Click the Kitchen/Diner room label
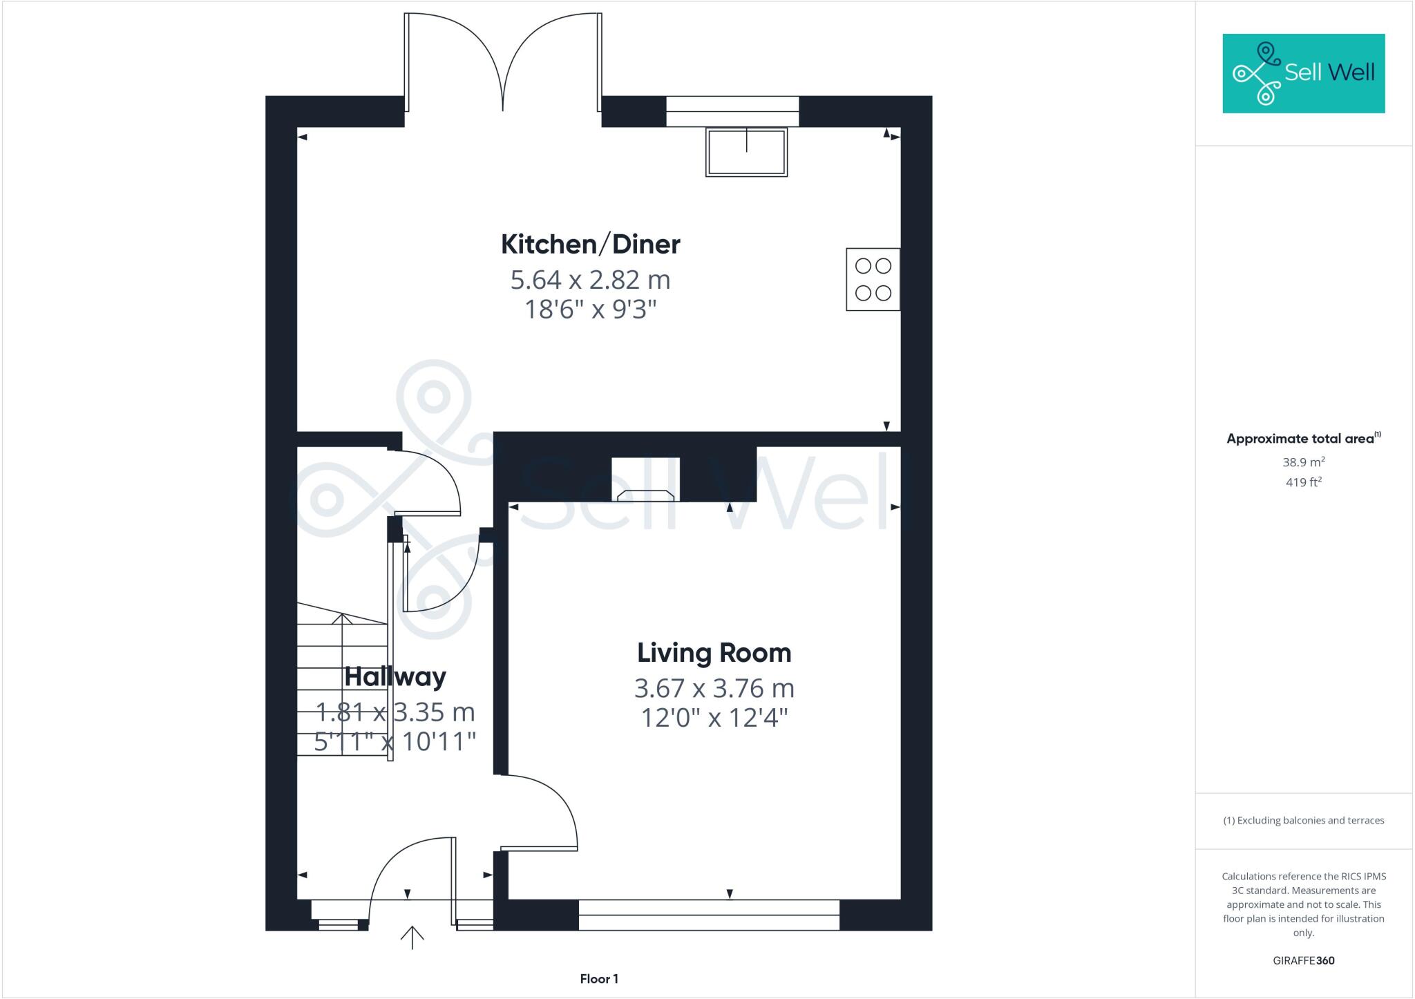point(590,244)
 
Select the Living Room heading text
point(714,653)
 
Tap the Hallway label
point(395,676)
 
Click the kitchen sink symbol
point(746,152)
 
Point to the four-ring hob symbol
point(873,279)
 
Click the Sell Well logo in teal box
point(1303,73)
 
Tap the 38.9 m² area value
point(1303,462)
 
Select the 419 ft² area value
point(1303,482)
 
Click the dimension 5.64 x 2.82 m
point(590,280)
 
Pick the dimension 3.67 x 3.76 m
point(714,688)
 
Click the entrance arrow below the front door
point(412,937)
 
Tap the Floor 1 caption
point(599,979)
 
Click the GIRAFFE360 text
point(1303,960)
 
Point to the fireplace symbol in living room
point(645,494)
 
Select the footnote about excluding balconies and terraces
point(1303,821)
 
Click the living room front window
point(709,915)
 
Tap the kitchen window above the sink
point(732,111)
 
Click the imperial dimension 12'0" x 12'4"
point(714,718)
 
